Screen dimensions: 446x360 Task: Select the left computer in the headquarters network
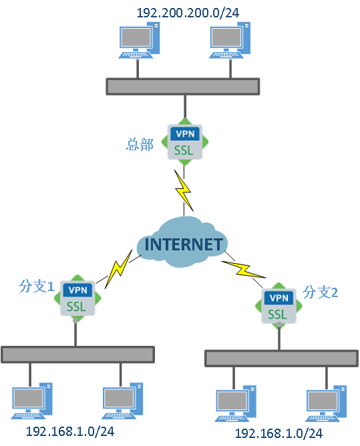[x=139, y=41]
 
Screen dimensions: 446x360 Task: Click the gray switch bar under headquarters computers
[x=182, y=86]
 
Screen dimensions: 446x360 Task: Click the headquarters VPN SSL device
[x=183, y=142]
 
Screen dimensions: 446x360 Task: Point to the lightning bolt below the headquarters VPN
[x=183, y=189]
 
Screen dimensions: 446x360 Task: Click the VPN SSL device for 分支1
[x=78, y=298]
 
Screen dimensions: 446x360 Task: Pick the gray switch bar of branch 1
[x=77, y=355]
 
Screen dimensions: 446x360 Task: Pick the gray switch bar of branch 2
[x=281, y=358]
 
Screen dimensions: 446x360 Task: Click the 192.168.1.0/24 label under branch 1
[x=69, y=431]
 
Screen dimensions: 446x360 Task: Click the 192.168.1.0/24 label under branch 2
[x=279, y=435]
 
